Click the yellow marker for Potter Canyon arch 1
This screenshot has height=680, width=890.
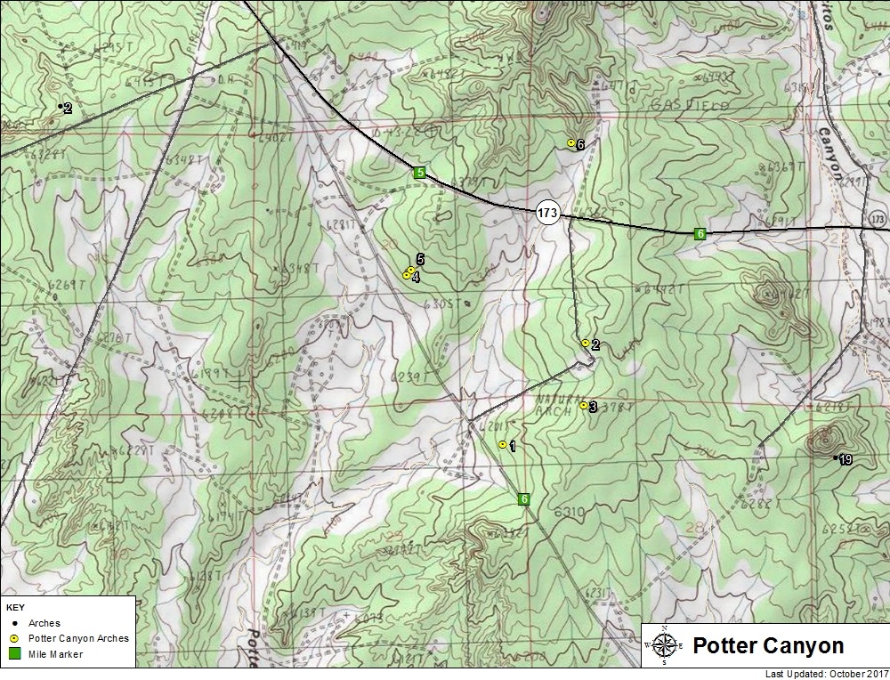[x=503, y=444]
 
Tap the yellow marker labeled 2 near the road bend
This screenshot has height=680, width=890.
[x=585, y=343]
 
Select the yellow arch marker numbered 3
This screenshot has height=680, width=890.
[x=583, y=406]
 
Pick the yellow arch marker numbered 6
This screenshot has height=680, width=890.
[x=571, y=142]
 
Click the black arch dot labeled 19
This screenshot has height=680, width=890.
[x=835, y=457]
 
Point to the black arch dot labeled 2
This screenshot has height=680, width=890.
[x=61, y=107]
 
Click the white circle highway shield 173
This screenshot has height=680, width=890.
[x=547, y=213]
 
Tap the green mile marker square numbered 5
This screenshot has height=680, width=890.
[x=419, y=172]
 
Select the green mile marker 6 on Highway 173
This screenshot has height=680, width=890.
[x=700, y=233]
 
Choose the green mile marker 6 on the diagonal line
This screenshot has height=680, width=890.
[x=524, y=499]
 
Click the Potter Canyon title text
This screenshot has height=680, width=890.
[x=767, y=645]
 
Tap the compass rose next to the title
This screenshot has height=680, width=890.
[x=664, y=644]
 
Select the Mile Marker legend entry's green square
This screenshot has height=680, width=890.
[x=15, y=654]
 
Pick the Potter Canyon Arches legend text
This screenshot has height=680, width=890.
[x=78, y=638]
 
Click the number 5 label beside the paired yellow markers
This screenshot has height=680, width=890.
[x=419, y=259]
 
